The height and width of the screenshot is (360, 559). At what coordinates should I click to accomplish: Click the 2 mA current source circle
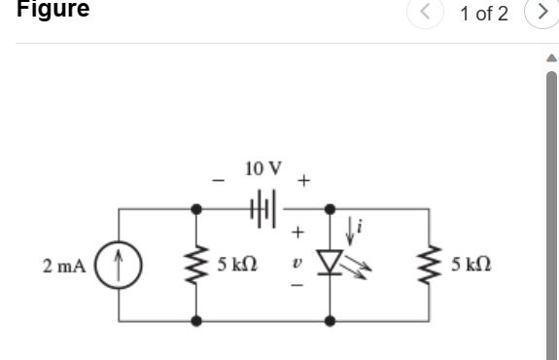point(119,264)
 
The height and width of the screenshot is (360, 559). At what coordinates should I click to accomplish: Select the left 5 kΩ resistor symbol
point(198,264)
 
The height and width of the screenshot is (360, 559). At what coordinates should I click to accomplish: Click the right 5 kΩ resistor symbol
point(429,264)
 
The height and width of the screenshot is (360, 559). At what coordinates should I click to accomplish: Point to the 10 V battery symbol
point(264,207)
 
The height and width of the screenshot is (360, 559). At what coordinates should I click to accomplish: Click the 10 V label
point(263,168)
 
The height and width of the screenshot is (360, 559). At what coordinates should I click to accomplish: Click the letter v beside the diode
point(299,264)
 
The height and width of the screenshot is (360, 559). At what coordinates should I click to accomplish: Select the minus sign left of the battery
point(220,180)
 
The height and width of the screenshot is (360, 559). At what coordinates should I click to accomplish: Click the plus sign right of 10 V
point(304,180)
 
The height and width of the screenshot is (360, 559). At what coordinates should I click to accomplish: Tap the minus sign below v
point(299,289)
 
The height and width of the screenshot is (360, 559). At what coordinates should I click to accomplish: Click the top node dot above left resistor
point(198,208)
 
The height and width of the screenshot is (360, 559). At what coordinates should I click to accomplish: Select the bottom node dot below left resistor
point(198,319)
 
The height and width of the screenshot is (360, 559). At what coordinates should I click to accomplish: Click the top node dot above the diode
point(331,208)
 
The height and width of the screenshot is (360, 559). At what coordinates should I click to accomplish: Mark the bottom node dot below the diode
point(331,319)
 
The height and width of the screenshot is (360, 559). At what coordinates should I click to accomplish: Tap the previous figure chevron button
point(425,14)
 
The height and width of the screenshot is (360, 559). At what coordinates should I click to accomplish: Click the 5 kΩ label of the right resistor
point(475,265)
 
